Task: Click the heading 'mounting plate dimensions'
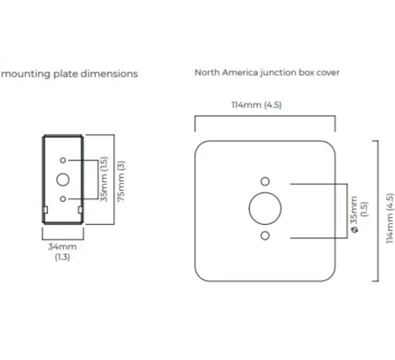coord(70,74)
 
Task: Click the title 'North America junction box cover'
coord(267,73)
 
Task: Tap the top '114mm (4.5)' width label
coord(256,105)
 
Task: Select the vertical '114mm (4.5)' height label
coord(390,218)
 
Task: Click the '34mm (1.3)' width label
coord(63,252)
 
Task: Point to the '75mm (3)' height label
coord(121,181)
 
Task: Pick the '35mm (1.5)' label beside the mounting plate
coord(104,179)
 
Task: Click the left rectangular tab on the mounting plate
coord(46,210)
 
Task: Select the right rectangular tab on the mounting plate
coord(80,210)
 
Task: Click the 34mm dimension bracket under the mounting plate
coord(63,239)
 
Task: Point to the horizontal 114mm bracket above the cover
coord(265,116)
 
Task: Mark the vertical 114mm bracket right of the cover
coord(378,211)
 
